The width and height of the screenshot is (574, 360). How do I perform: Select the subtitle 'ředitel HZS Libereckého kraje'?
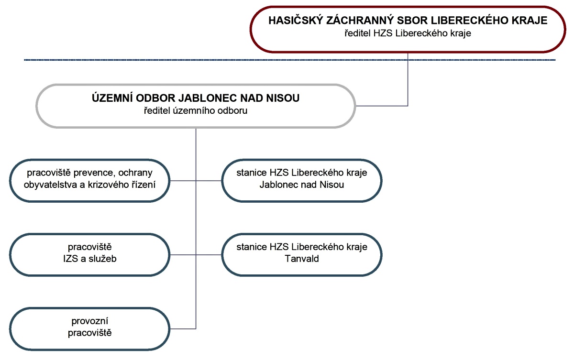pos(408,33)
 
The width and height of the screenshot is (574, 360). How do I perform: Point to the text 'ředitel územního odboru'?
pos(195,111)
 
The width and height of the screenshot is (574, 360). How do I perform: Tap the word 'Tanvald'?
pos(302,259)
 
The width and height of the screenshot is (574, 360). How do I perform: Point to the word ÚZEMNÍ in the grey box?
pos(110,98)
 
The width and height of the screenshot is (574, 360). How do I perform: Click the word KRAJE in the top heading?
pos(530,22)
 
